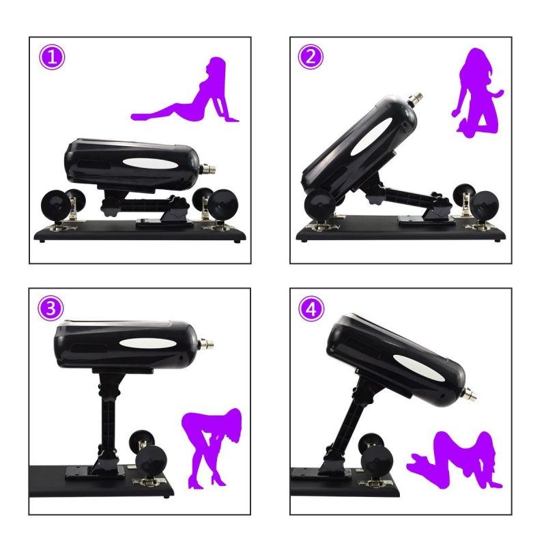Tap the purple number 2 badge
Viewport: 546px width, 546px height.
point(310,57)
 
